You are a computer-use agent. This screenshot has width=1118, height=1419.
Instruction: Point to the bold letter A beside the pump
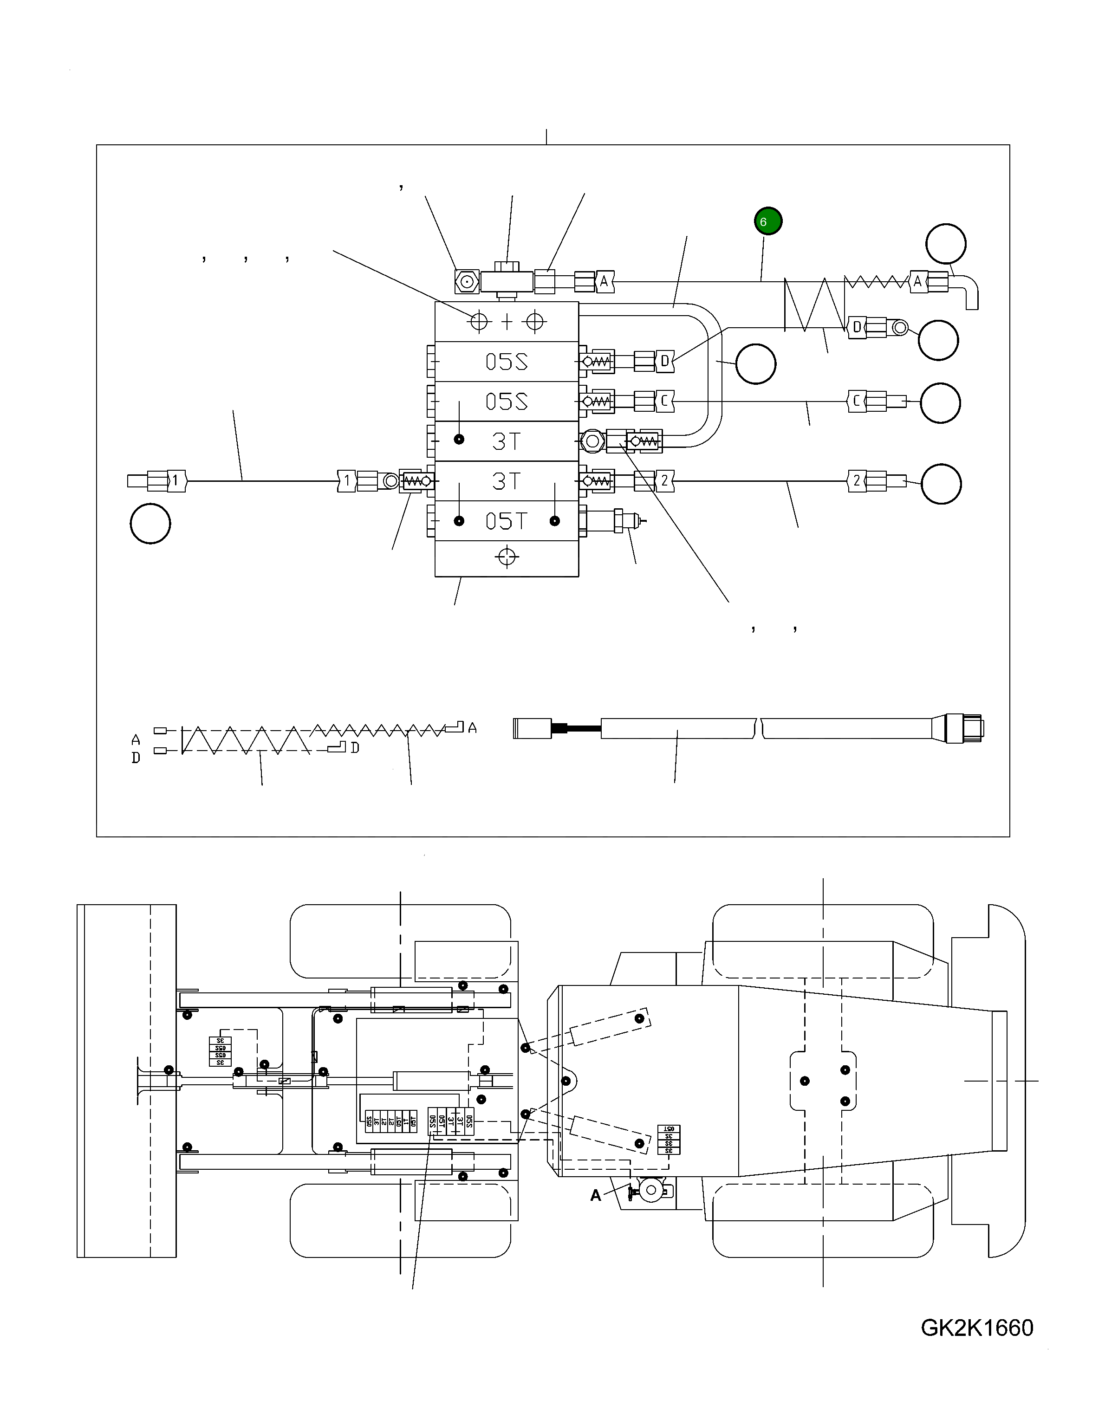click(x=595, y=1196)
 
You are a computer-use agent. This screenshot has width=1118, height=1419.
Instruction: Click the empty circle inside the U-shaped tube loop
click(x=755, y=364)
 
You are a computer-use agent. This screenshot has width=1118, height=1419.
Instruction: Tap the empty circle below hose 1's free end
click(x=150, y=524)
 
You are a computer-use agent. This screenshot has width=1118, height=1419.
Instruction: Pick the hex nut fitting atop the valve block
click(x=466, y=282)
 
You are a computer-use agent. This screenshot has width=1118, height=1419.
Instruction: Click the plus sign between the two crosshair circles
click(x=507, y=321)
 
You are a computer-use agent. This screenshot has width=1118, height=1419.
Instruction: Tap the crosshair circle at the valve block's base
click(x=507, y=557)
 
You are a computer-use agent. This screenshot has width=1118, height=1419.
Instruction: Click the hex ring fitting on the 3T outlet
click(x=592, y=441)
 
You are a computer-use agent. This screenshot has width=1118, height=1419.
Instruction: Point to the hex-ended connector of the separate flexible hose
click(x=965, y=728)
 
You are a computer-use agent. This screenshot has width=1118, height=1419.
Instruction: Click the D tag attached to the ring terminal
click(x=856, y=327)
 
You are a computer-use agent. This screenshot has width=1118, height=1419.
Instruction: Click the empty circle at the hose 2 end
click(x=941, y=484)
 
